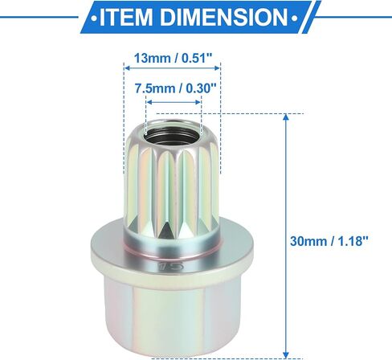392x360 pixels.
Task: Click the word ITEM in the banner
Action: pos(126,17)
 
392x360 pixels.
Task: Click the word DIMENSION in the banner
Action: pos(224,17)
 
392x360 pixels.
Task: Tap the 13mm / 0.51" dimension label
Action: pos(173,58)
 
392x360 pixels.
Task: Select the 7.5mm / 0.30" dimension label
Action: pos(175,88)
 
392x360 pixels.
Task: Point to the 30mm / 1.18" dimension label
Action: pos(329,241)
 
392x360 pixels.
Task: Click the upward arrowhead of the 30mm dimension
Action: pos(286,117)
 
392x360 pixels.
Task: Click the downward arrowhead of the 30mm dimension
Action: pos(286,354)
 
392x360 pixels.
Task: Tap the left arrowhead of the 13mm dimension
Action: pos(127,68)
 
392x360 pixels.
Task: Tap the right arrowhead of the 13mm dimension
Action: pos(217,68)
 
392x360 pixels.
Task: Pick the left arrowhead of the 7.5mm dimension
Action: pos(149,102)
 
